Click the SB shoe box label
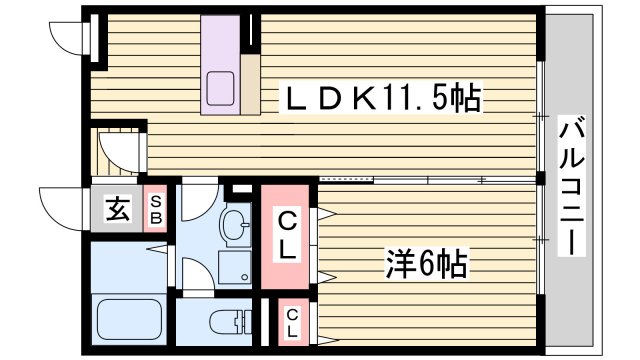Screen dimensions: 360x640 pos(156,210)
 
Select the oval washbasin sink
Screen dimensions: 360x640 pos(235,225)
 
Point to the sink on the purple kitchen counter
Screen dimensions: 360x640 pos(220,88)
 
